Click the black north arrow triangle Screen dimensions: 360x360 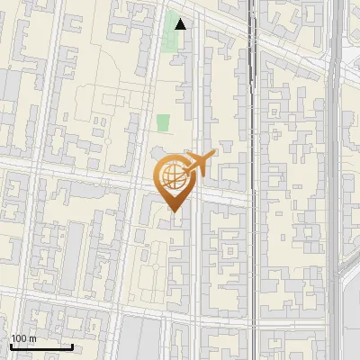pos(181,24)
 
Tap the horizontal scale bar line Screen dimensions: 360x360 pos(41,346)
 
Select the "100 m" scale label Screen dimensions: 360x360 pos(23,338)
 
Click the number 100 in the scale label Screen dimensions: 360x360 pos(19,338)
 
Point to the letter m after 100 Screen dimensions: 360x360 pos(31,338)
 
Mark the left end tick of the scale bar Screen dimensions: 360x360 pos(11,345)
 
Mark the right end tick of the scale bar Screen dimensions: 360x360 pos(72,345)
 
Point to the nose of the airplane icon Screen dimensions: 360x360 pos(213,156)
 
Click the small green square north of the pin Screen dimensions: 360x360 pos(163,123)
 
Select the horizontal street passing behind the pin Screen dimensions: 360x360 pos(90,174)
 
